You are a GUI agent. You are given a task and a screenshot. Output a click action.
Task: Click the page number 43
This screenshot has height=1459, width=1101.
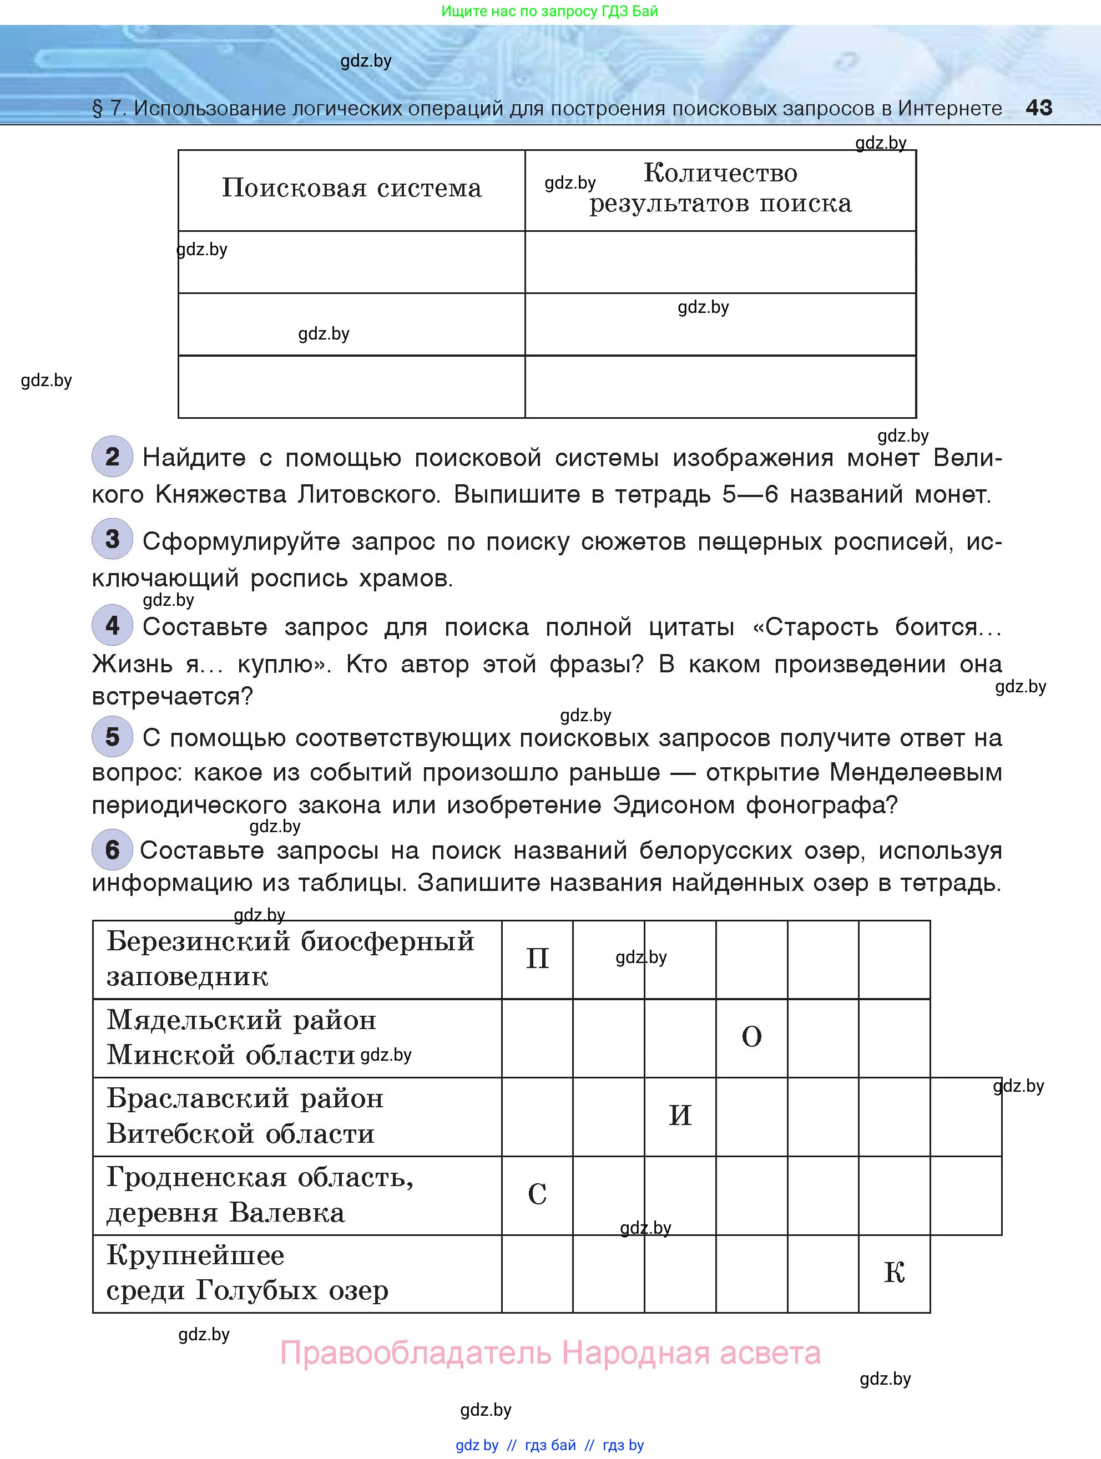click(x=1038, y=108)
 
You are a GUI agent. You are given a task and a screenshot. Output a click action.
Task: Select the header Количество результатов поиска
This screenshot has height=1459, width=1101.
click(x=720, y=189)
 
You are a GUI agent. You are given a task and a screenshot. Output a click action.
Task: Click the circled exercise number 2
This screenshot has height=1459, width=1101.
click(x=112, y=457)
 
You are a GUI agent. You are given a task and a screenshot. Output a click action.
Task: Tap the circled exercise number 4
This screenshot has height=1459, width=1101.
click(x=112, y=625)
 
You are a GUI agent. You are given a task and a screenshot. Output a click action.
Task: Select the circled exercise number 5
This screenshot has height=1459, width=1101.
click(x=112, y=736)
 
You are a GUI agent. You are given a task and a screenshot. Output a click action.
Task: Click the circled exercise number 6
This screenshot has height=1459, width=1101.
click(x=112, y=849)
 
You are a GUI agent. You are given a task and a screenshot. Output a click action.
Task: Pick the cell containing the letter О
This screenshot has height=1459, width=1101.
click(x=751, y=1037)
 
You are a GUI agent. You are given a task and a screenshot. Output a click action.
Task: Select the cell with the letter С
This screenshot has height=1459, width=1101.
click(x=537, y=1194)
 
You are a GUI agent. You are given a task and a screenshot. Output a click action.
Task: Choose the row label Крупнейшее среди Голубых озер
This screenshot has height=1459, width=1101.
click(x=248, y=1273)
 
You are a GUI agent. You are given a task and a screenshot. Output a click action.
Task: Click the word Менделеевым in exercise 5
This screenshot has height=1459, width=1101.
click(x=916, y=772)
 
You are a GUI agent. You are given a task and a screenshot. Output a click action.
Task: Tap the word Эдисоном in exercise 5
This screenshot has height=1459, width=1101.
click(x=674, y=805)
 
